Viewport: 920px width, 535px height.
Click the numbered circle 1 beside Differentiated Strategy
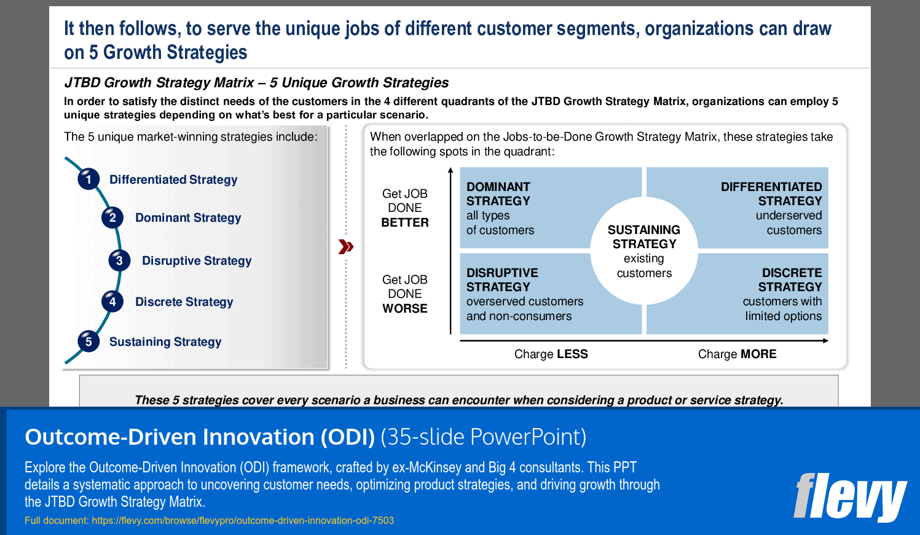[88, 179]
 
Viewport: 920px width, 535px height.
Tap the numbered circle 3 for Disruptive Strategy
[119, 260]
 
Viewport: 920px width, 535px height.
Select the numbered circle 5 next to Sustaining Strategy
[88, 342]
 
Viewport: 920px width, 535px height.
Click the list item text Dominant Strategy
[188, 218]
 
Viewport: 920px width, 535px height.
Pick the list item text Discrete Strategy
[184, 302]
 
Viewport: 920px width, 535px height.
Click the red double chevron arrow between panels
[346, 247]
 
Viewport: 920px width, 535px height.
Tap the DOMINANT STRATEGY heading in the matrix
[498, 194]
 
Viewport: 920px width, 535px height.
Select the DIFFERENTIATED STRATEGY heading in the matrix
[771, 194]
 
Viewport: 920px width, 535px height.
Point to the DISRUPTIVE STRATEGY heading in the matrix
[501, 280]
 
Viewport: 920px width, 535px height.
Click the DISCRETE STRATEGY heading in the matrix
[790, 280]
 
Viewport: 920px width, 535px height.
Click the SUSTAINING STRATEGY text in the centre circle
[644, 237]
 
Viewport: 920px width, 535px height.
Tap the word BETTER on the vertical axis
[405, 223]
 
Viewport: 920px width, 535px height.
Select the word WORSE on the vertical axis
[405, 309]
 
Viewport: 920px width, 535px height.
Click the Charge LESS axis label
[551, 354]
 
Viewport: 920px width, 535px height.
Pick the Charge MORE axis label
[737, 354]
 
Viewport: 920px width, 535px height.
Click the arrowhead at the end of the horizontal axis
[825, 340]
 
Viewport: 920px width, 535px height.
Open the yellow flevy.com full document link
[243, 521]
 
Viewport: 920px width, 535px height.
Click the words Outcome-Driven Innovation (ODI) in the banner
[200, 437]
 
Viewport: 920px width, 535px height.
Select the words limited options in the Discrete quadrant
[783, 316]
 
